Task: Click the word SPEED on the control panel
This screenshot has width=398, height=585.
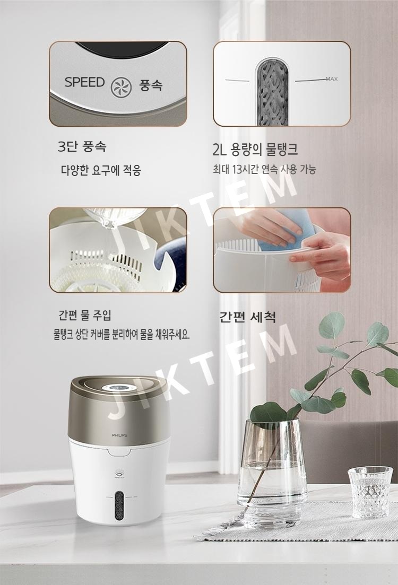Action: coord(84,82)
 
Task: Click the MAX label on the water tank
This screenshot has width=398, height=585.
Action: coord(332,79)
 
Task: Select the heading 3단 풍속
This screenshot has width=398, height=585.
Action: coord(82,146)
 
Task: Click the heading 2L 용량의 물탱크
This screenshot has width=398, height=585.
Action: coord(255,149)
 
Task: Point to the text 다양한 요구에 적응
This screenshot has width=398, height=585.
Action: coord(101,170)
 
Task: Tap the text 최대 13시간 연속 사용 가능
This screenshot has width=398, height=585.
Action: coord(264,169)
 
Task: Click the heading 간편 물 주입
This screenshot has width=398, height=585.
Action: coord(85,315)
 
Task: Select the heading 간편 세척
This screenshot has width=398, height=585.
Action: coord(247,317)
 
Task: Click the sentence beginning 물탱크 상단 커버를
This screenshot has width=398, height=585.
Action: coord(122,335)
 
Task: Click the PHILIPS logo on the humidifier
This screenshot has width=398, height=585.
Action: coord(119,435)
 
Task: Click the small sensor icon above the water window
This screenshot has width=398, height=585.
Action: coord(119,475)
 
